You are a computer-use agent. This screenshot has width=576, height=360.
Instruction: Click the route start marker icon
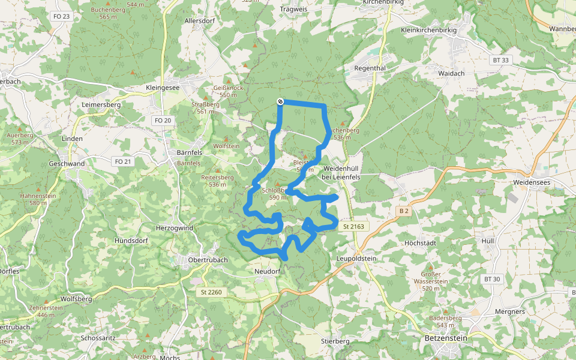[x=280, y=102]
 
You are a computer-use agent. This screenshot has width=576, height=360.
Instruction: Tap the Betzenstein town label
[x=445, y=338]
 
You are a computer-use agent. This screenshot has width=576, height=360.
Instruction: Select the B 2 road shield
[x=403, y=211]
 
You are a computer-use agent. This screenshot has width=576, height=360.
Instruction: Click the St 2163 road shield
[x=355, y=227]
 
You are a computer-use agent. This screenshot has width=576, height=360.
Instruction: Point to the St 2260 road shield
[x=212, y=292]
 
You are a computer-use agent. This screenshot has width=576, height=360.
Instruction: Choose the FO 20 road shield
[x=163, y=121]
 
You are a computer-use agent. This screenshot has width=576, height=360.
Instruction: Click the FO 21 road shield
[x=122, y=161]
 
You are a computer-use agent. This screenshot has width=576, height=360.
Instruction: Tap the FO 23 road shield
[x=62, y=16]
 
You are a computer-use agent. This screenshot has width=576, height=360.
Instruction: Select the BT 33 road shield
[x=500, y=60]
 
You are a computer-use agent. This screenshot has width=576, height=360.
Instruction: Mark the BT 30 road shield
[x=491, y=279]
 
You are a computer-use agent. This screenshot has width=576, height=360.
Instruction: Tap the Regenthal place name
[x=370, y=68]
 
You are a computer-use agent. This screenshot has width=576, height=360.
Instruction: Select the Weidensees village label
[x=532, y=182]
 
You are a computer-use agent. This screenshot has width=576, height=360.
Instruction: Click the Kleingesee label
[x=163, y=88]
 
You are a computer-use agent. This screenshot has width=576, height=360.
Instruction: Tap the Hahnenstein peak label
[x=38, y=199]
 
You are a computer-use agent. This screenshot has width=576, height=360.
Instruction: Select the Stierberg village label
[x=335, y=341]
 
